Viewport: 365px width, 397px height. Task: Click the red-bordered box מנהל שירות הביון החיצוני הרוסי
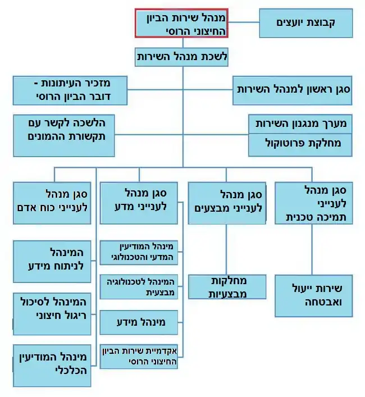click(x=181, y=23)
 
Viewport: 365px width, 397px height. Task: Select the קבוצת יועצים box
click(x=306, y=23)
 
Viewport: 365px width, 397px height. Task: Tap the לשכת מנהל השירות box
click(x=181, y=57)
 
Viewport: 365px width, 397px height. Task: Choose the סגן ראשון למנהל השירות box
click(x=293, y=90)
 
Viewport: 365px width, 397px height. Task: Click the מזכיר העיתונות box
click(x=70, y=90)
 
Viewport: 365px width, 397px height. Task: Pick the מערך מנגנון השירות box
click(x=300, y=124)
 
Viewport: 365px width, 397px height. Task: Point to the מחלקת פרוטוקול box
click(x=300, y=145)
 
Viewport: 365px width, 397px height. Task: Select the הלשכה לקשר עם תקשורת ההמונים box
click(x=64, y=135)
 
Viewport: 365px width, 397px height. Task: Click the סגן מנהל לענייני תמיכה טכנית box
click(x=313, y=203)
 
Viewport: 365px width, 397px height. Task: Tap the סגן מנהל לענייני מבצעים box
click(x=227, y=203)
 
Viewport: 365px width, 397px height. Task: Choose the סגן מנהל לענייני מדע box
click(x=139, y=203)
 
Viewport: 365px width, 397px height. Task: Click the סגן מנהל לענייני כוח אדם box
click(x=52, y=203)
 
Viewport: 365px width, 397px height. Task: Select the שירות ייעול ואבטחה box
click(x=313, y=296)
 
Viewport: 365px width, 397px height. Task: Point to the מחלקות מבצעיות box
click(x=227, y=287)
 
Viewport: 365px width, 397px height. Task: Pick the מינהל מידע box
click(x=139, y=322)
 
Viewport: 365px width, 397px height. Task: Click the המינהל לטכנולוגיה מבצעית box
click(x=139, y=286)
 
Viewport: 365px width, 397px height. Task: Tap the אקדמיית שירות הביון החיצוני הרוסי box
click(x=139, y=356)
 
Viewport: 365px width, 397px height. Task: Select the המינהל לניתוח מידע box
click(x=52, y=262)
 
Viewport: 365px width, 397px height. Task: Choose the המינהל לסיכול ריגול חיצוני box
click(x=52, y=314)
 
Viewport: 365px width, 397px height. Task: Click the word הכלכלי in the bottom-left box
click(x=71, y=370)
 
